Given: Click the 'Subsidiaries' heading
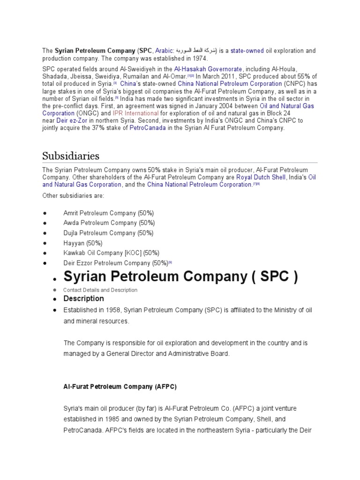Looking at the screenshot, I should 71,155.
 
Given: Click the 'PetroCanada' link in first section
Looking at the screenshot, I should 148,127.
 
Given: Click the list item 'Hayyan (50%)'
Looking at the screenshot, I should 83,243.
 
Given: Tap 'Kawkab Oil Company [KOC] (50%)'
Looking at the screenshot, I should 111,253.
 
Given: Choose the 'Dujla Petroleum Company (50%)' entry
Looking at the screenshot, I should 108,233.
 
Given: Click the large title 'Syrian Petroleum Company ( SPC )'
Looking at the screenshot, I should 180,277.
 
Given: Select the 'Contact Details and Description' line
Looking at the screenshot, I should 100,290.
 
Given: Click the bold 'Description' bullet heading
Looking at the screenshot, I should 83,299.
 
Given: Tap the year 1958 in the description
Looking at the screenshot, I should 115,310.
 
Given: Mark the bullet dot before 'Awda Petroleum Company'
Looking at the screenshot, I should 45,223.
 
